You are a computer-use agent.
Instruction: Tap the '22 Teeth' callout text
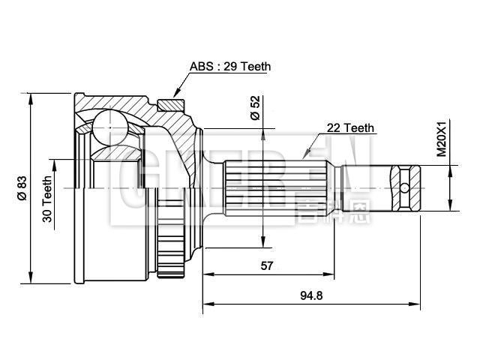pyautogui.click(x=350, y=128)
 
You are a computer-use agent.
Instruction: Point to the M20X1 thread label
pyautogui.click(x=442, y=138)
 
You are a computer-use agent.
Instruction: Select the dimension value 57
pyautogui.click(x=266, y=265)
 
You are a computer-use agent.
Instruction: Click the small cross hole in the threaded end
pyautogui.click(x=406, y=187)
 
